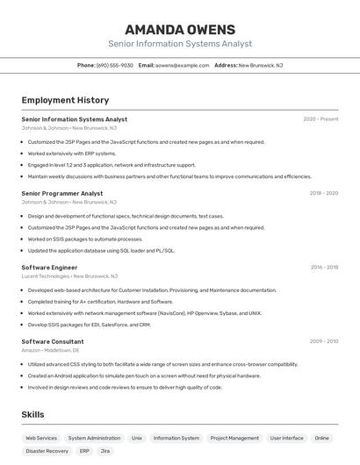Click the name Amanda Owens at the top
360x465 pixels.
(180, 29)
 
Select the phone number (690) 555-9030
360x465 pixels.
(115, 65)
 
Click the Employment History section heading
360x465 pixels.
(65, 100)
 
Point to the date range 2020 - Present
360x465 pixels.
(320, 119)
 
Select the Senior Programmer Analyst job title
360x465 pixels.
(61, 193)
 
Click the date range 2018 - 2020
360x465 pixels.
(323, 193)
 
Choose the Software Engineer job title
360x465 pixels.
(49, 267)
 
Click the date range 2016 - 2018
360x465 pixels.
(323, 267)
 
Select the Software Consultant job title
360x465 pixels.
(53, 341)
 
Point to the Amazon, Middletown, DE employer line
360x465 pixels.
(56, 350)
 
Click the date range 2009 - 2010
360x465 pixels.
(323, 341)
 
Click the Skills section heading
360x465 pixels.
(33, 414)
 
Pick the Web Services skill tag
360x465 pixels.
(41, 438)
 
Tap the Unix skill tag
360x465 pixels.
(137, 438)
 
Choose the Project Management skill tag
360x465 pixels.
(234, 438)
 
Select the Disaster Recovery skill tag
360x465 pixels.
(47, 451)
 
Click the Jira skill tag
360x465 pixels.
(105, 451)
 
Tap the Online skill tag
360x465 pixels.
(322, 438)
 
